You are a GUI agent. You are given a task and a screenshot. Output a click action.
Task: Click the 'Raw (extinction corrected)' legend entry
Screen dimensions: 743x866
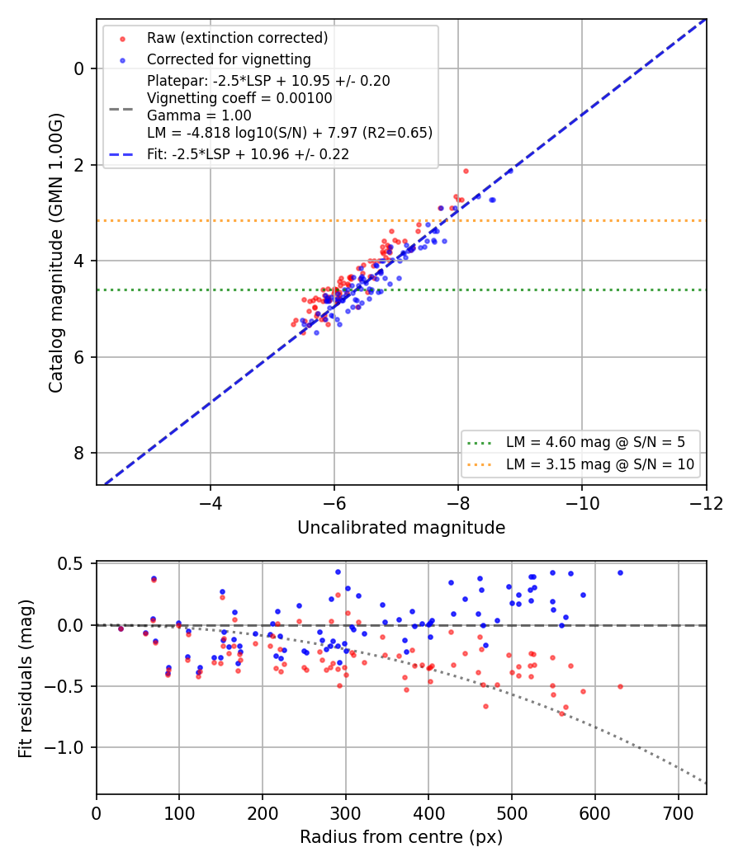[237, 38]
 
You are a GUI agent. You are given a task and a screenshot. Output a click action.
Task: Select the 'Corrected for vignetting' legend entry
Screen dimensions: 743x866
[229, 59]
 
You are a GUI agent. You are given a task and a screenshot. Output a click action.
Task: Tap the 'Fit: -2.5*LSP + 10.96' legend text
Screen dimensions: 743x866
[248, 154]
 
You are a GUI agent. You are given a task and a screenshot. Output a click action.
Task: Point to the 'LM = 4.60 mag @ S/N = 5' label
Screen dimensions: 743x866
[595, 442]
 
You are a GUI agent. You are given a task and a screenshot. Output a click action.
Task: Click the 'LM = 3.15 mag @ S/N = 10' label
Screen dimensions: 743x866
[600, 464]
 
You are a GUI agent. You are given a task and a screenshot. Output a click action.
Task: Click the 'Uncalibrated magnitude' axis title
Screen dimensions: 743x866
[401, 528]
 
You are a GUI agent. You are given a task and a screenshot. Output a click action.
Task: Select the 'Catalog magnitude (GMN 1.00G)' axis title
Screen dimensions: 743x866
[56, 253]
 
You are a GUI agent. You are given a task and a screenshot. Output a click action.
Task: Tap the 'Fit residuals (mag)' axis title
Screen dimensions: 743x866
[26, 678]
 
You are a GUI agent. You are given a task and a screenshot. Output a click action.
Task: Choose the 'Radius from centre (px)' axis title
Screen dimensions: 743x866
[401, 837]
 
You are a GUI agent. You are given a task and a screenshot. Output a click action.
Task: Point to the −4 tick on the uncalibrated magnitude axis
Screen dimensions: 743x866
[210, 504]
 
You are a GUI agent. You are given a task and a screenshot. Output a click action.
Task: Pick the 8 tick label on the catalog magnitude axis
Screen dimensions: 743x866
[79, 454]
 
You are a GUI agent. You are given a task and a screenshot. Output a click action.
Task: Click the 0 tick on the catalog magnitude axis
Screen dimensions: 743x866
[79, 69]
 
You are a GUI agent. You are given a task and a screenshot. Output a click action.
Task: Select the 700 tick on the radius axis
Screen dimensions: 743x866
[678, 813]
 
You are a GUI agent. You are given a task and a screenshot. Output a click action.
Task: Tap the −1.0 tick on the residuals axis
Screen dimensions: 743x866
[64, 748]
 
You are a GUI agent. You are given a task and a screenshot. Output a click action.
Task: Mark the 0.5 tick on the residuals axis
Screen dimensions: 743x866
[72, 564]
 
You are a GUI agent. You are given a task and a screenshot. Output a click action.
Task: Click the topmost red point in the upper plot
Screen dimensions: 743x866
[466, 172]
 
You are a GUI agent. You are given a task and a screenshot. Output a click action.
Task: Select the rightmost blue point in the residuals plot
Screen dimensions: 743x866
[620, 572]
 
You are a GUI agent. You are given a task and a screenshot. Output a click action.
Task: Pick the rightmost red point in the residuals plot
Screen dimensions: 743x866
[620, 686]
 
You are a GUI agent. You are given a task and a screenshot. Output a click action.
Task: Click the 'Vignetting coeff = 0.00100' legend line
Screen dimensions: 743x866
[239, 98]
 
